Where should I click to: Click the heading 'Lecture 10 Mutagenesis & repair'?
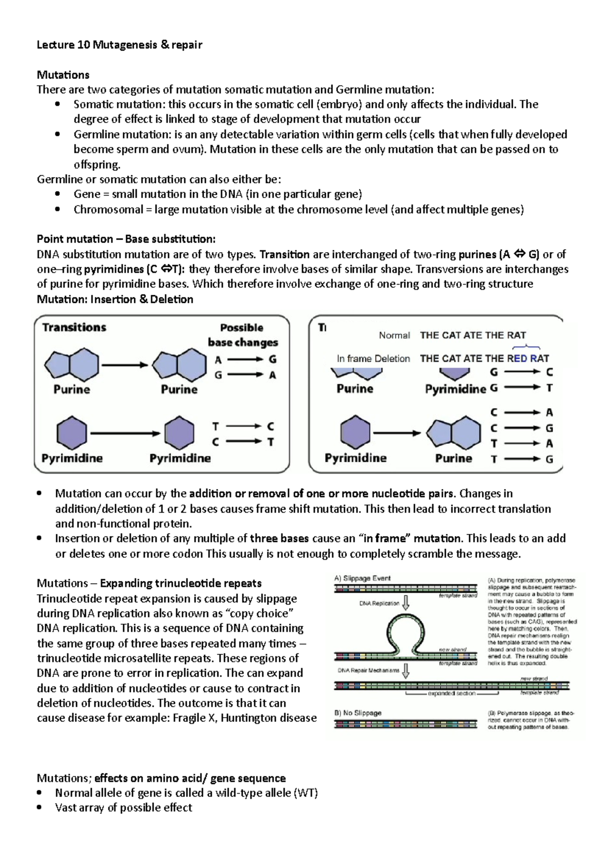(119, 45)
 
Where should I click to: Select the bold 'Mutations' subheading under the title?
(63, 75)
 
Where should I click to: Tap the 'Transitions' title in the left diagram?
(74, 327)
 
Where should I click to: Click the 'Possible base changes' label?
(242, 335)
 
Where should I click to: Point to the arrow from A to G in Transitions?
(245, 360)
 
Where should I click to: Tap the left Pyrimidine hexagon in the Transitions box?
(71, 433)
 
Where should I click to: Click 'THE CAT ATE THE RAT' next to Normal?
(473, 335)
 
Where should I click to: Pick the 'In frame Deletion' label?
(373, 359)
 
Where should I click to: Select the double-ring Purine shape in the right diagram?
(453, 434)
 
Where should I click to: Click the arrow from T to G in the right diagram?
(522, 459)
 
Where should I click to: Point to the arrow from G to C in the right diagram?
(522, 372)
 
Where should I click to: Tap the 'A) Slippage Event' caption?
(362, 578)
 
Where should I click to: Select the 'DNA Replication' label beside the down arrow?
(379, 603)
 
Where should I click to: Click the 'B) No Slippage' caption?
(358, 713)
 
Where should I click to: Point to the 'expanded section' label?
(451, 693)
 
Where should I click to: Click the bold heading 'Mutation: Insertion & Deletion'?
(115, 299)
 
